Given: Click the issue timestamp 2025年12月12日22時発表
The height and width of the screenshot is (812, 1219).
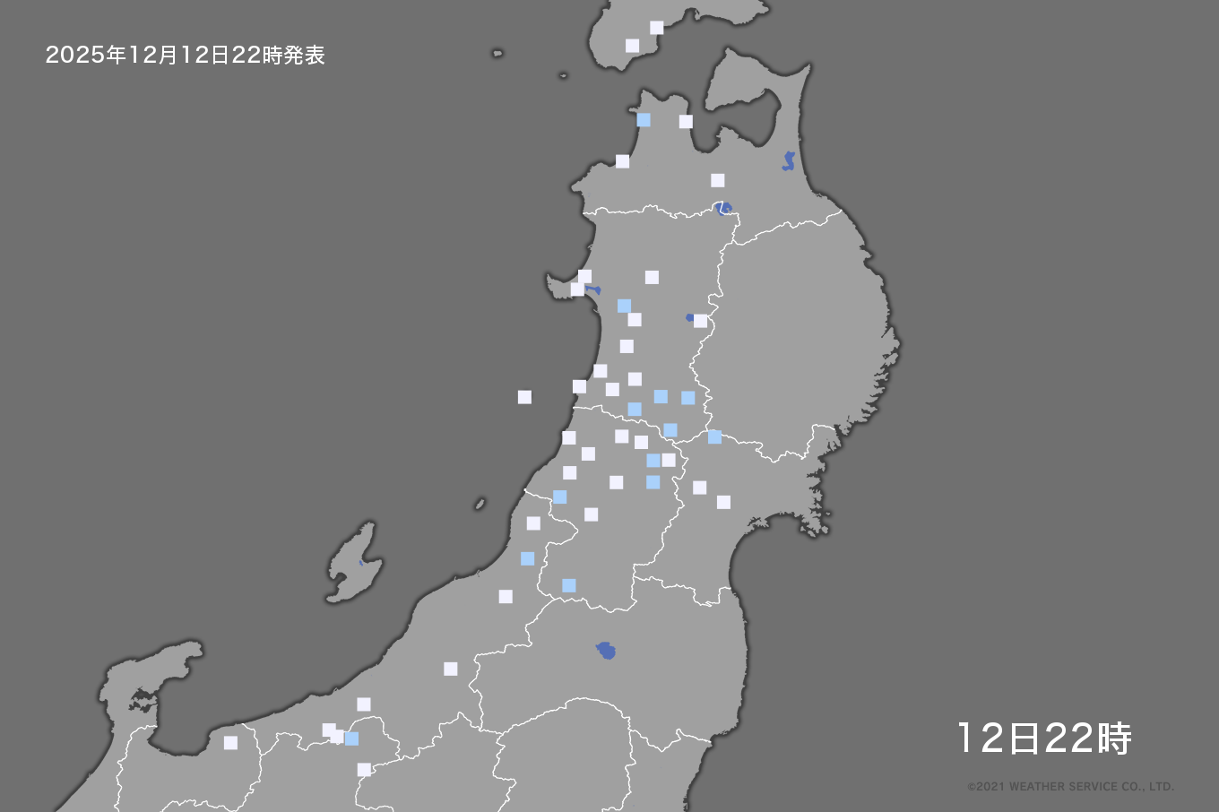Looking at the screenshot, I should click(185, 56).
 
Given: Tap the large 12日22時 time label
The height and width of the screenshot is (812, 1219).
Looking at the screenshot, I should click(1044, 739).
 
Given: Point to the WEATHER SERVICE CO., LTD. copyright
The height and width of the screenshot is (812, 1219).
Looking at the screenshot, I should click(1070, 787).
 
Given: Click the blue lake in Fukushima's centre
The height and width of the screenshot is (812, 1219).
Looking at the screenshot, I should click(607, 650).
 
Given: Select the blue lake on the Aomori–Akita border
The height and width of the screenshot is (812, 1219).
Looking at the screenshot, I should click(723, 208).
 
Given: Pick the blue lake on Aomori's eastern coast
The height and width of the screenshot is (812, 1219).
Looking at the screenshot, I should click(789, 161).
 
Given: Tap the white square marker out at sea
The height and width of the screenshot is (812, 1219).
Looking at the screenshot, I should click(524, 397).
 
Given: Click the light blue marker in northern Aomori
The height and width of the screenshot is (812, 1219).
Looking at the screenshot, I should click(644, 119).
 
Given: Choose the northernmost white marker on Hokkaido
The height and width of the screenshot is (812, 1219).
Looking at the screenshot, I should click(657, 28).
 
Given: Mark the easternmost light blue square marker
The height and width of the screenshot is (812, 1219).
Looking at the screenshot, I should click(714, 436).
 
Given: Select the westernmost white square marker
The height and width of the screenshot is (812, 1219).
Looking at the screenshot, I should click(230, 743).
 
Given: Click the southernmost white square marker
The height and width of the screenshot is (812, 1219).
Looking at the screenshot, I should click(364, 770).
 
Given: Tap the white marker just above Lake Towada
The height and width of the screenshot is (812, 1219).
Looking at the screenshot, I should click(718, 180).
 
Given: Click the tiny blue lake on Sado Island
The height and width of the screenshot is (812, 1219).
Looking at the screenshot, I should click(361, 563).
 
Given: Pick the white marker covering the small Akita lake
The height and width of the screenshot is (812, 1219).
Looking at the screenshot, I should click(700, 321).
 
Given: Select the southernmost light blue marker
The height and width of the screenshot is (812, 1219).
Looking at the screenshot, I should click(351, 739).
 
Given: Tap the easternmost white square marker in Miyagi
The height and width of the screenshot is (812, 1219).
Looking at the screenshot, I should click(723, 502).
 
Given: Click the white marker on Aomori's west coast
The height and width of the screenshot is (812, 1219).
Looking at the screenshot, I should click(622, 161).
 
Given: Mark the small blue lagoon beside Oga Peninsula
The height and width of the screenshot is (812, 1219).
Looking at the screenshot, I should click(593, 290).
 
